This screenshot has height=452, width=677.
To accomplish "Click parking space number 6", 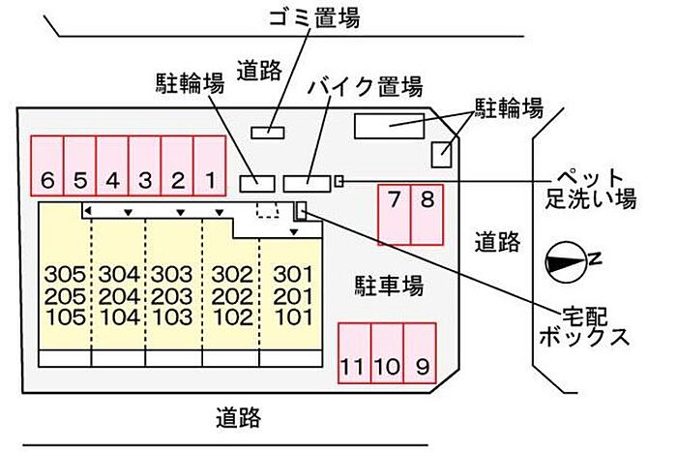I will (x=47, y=167).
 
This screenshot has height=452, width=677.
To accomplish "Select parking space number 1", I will (x=209, y=167).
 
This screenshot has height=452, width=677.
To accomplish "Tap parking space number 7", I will (x=394, y=214).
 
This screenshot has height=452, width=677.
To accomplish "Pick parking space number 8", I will (x=427, y=214).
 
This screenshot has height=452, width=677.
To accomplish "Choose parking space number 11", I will (x=353, y=357).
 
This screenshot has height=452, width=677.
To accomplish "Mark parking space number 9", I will (x=421, y=357).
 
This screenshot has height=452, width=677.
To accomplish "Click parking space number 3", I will (x=145, y=167).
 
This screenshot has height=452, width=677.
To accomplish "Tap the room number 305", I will (x=65, y=274).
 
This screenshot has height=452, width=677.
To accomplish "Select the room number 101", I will (x=291, y=316).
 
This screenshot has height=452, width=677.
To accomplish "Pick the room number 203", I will (x=174, y=295).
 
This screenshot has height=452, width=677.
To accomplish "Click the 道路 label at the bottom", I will (x=238, y=418).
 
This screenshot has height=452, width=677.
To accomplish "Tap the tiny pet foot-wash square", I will (x=338, y=180).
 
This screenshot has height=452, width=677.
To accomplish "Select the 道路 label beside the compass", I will (x=498, y=242).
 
